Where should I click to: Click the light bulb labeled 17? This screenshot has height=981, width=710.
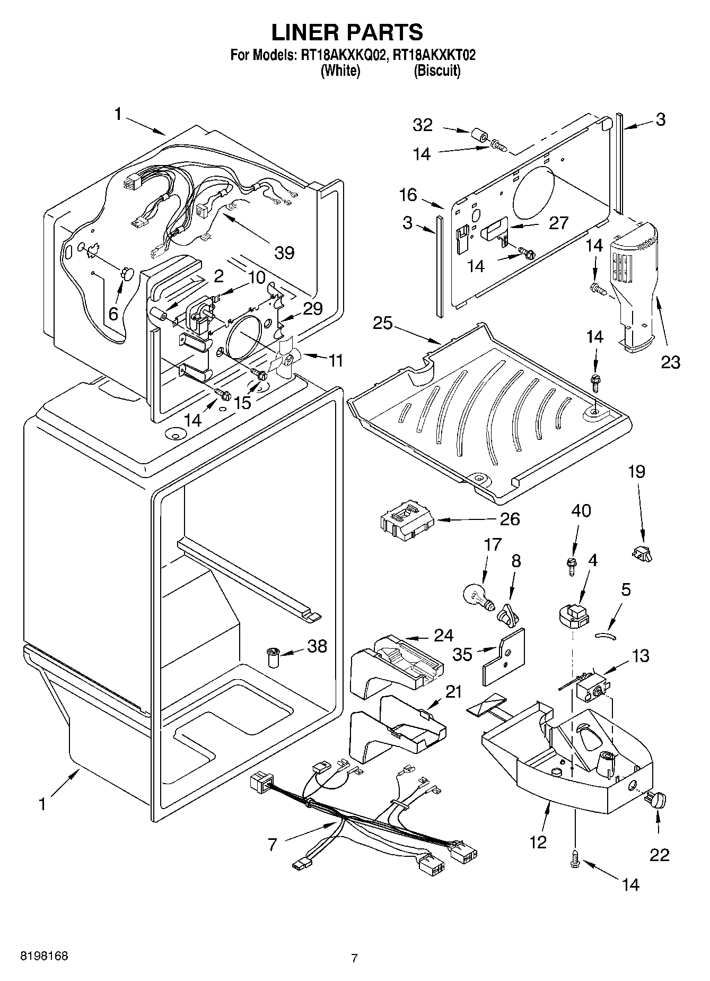(x=479, y=596)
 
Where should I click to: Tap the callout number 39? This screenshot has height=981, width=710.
(x=284, y=253)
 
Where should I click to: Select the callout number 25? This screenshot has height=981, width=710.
(x=383, y=323)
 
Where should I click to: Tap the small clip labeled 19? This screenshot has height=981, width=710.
(x=643, y=554)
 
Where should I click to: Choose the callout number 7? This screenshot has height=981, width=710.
(x=272, y=844)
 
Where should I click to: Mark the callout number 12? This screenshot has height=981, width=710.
(x=538, y=841)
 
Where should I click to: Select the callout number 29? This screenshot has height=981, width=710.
(x=312, y=308)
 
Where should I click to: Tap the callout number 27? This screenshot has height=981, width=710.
(x=558, y=223)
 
